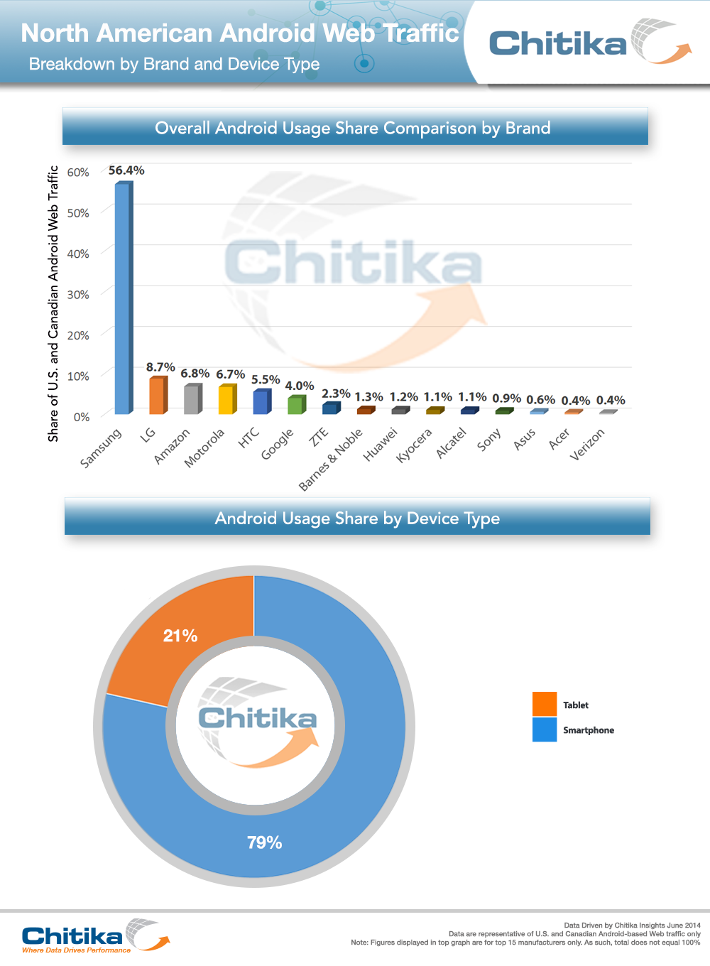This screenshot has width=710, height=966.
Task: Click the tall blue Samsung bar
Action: pyautogui.click(x=123, y=298)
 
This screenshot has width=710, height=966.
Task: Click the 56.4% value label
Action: pyautogui.click(x=126, y=170)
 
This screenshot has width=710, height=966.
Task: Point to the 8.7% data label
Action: pyautogui.click(x=160, y=367)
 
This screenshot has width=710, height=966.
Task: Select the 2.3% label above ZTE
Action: pyautogui.click(x=336, y=394)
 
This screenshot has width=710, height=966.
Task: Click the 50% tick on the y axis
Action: pyautogui.click(x=78, y=213)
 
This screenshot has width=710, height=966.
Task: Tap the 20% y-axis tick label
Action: pyautogui.click(x=78, y=335)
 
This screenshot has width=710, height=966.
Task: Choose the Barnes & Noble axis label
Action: pyautogui.click(x=331, y=459)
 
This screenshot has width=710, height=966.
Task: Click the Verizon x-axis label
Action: pyautogui.click(x=587, y=445)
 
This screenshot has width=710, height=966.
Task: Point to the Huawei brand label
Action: pyautogui.click(x=381, y=445)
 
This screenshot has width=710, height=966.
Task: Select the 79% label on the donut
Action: pyautogui.click(x=265, y=843)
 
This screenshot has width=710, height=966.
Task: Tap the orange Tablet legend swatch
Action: pyautogui.click(x=545, y=704)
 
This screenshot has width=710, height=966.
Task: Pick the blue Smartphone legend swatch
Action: pyautogui.click(x=545, y=729)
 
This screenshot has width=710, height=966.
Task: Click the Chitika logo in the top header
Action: pyautogui.click(x=589, y=43)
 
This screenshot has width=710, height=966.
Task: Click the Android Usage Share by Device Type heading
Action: pyautogui.click(x=357, y=519)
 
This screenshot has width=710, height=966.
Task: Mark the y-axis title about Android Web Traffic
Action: pyautogui.click(x=53, y=303)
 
